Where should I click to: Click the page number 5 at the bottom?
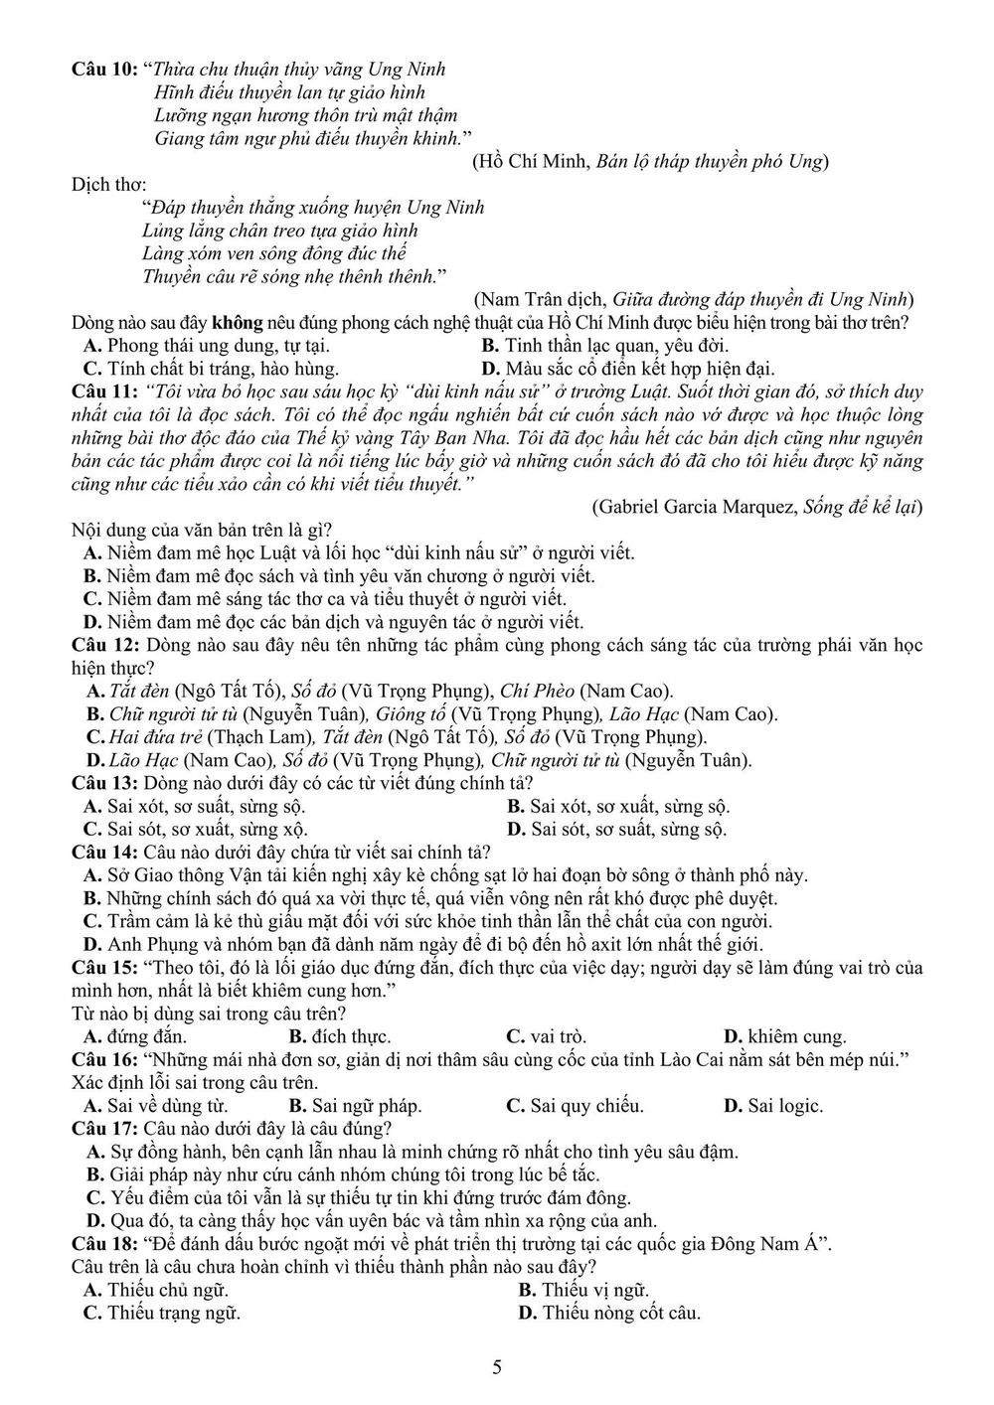coord(497,1367)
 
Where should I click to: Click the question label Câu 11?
coord(103,391)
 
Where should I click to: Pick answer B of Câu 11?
coord(338,576)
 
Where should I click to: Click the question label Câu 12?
coord(103,646)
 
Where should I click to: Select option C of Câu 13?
coord(195,829)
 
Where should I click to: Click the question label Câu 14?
coord(103,853)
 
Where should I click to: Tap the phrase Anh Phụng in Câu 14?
coord(145,944)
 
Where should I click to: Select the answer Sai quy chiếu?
coord(576,1106)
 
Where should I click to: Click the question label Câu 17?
coord(103,1129)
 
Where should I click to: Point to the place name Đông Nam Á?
coord(777,1244)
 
